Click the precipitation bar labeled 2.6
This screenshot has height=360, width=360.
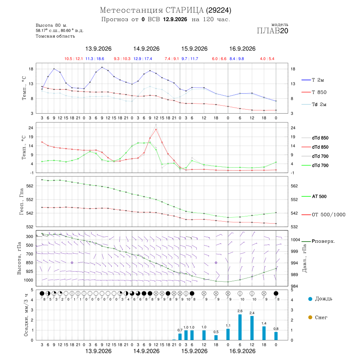tap(240, 327)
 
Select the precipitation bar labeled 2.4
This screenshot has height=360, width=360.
tap(252, 328)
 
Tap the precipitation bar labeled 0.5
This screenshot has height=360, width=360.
tap(216, 338)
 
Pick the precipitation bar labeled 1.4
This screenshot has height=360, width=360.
tap(264, 333)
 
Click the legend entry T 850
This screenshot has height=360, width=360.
tap(314, 92)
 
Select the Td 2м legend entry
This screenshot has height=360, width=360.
tap(314, 104)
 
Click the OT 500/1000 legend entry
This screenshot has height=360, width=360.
tap(324, 215)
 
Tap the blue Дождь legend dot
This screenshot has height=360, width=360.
tap(310, 299)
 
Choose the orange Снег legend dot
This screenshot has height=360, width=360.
tap(310, 317)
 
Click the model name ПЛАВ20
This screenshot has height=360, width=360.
tap(272, 31)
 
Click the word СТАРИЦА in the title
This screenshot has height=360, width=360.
tap(184, 10)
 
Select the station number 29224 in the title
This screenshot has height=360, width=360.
tap(218, 10)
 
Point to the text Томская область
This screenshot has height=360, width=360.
tap(55, 36)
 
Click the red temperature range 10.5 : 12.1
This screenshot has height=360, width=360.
tap(74, 59)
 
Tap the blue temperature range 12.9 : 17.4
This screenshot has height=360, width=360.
tap(143, 59)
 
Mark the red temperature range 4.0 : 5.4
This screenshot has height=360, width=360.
tap(267, 59)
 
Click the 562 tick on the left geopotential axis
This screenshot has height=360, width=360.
tap(30, 186)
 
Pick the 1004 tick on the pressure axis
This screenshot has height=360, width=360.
tap(296, 240)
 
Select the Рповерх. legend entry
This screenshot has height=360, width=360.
tap(318, 241)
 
